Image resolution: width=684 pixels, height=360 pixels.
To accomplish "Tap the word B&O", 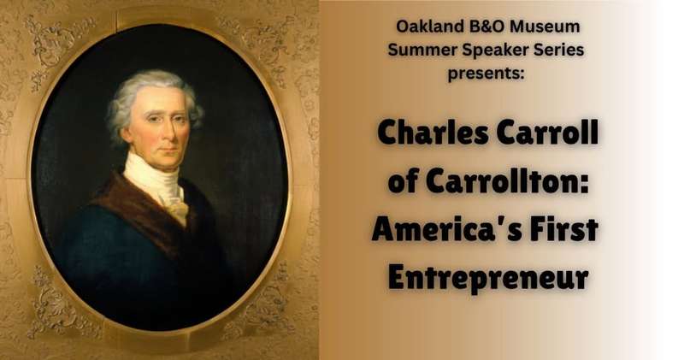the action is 481,27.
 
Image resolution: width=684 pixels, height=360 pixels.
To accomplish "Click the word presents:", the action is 486,74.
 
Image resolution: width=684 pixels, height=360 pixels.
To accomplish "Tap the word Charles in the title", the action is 433,133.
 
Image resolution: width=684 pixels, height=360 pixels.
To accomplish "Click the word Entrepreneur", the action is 488,278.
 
